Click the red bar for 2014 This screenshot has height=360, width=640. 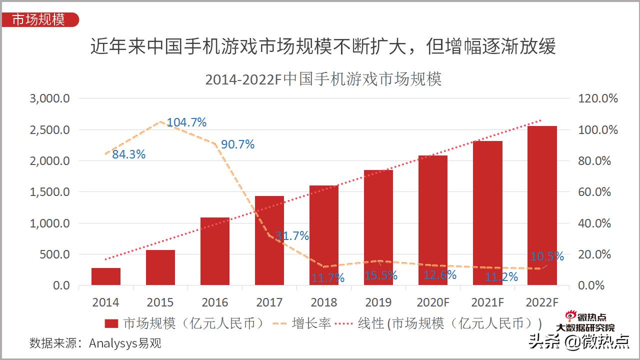(x=106, y=276)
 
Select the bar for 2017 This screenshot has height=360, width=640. (x=269, y=240)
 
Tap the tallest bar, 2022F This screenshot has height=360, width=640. (x=542, y=205)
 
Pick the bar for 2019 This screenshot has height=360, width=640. (x=378, y=227)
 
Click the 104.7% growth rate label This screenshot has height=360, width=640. (x=186, y=122)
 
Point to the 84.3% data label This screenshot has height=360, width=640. (x=128, y=154)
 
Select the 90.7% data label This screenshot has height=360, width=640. (x=237, y=144)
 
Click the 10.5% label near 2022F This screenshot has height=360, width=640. (x=547, y=256)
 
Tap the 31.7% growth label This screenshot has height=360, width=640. (x=292, y=236)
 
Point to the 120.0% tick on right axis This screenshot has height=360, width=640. (x=598, y=98)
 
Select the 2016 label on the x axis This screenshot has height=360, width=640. (x=215, y=302)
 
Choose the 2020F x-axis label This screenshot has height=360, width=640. (x=433, y=302)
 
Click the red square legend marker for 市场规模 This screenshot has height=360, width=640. (x=111, y=323)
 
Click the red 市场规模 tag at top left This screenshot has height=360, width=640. (x=39, y=19)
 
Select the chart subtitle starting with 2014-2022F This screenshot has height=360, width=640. (x=323, y=79)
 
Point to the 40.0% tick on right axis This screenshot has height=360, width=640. (x=598, y=223)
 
